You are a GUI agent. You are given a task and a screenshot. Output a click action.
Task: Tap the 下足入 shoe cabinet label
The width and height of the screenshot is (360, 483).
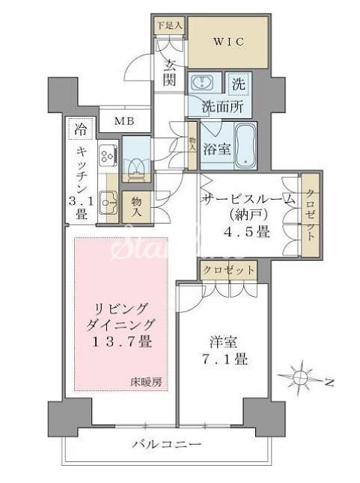tap(168, 25)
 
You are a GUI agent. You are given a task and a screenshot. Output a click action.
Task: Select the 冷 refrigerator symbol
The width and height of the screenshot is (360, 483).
tap(81, 129)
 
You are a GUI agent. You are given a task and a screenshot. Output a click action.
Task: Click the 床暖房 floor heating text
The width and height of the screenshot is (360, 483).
tap(149, 381)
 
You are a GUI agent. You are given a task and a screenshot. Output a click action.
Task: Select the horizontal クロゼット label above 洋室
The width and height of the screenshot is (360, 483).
tap(228, 269)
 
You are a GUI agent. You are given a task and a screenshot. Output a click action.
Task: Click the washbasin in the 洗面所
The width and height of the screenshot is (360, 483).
tap(202, 84)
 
